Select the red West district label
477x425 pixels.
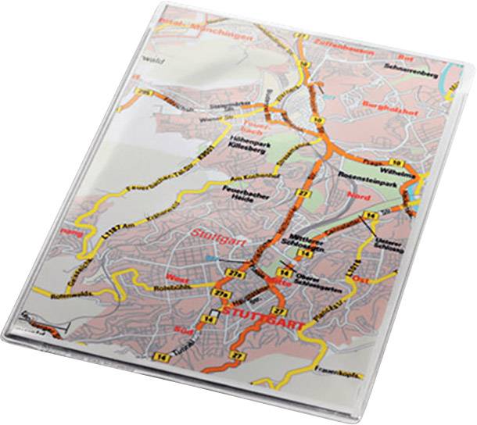click(x=178, y=277)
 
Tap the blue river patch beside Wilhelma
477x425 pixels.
click(x=421, y=186)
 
